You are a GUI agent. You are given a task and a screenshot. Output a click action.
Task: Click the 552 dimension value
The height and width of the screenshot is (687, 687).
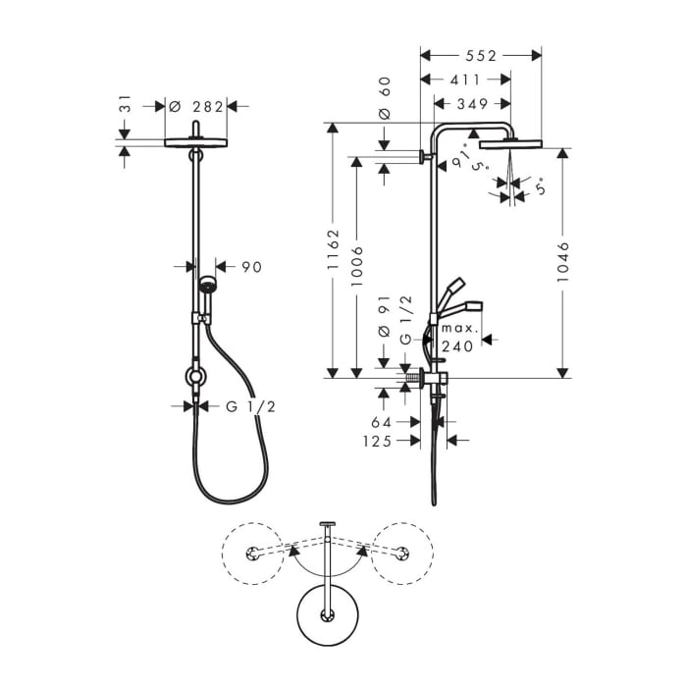480,56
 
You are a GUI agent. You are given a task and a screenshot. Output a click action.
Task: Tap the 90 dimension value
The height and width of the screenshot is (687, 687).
251,266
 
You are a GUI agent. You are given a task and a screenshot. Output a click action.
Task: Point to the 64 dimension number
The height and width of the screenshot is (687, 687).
382,422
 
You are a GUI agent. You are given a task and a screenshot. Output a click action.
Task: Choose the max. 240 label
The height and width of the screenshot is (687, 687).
457,336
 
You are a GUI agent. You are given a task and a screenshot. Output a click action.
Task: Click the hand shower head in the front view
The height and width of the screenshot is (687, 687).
207,287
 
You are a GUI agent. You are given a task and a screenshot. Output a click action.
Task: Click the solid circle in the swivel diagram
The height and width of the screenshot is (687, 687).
325,614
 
